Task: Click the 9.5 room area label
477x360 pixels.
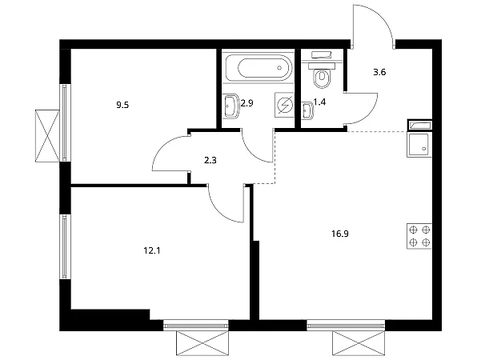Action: click(122, 106)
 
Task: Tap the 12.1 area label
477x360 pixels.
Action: click(151, 251)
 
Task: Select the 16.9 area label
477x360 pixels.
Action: click(340, 234)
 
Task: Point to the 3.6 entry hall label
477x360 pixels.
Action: click(379, 72)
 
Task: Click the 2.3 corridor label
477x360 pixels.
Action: click(210, 160)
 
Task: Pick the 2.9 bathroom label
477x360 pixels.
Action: click(247, 103)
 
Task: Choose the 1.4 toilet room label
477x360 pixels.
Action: click(319, 102)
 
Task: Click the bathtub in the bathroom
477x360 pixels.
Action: click(259, 67)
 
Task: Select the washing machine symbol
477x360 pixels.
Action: click(284, 105)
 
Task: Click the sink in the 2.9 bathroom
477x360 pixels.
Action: click(231, 106)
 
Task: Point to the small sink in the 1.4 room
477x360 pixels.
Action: click(308, 110)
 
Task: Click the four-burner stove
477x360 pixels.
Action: click(419, 236)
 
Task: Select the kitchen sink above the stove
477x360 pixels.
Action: click(419, 145)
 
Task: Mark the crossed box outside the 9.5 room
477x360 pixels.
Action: click(47, 136)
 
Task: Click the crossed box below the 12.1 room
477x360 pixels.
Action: click(202, 343)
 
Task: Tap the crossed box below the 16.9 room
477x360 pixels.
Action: click(359, 343)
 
